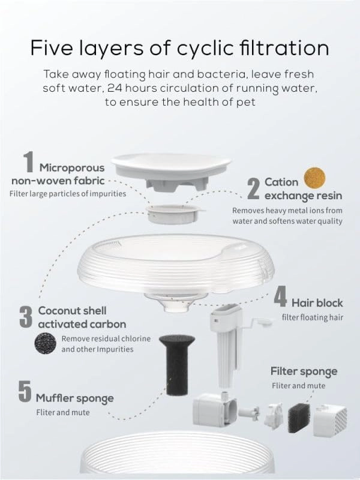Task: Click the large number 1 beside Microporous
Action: pos(28,162)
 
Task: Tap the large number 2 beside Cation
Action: pos(253,189)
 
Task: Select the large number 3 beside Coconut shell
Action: pos(26,317)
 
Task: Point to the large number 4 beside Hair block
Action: pos(280,296)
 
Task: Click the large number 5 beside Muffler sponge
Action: pos(25,391)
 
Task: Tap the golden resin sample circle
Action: pos(314,178)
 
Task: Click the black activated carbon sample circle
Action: pos(46,343)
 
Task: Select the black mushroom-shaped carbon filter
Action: pos(176,365)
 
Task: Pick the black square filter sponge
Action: pos(299,418)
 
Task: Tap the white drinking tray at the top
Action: pos(171,171)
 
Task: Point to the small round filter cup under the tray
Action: pos(175,214)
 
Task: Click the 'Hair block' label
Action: pos(317,303)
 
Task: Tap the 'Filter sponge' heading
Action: pos(304,371)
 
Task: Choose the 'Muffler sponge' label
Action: pos(74,398)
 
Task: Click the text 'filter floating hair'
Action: pos(312,317)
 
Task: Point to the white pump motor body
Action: pos(214,410)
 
